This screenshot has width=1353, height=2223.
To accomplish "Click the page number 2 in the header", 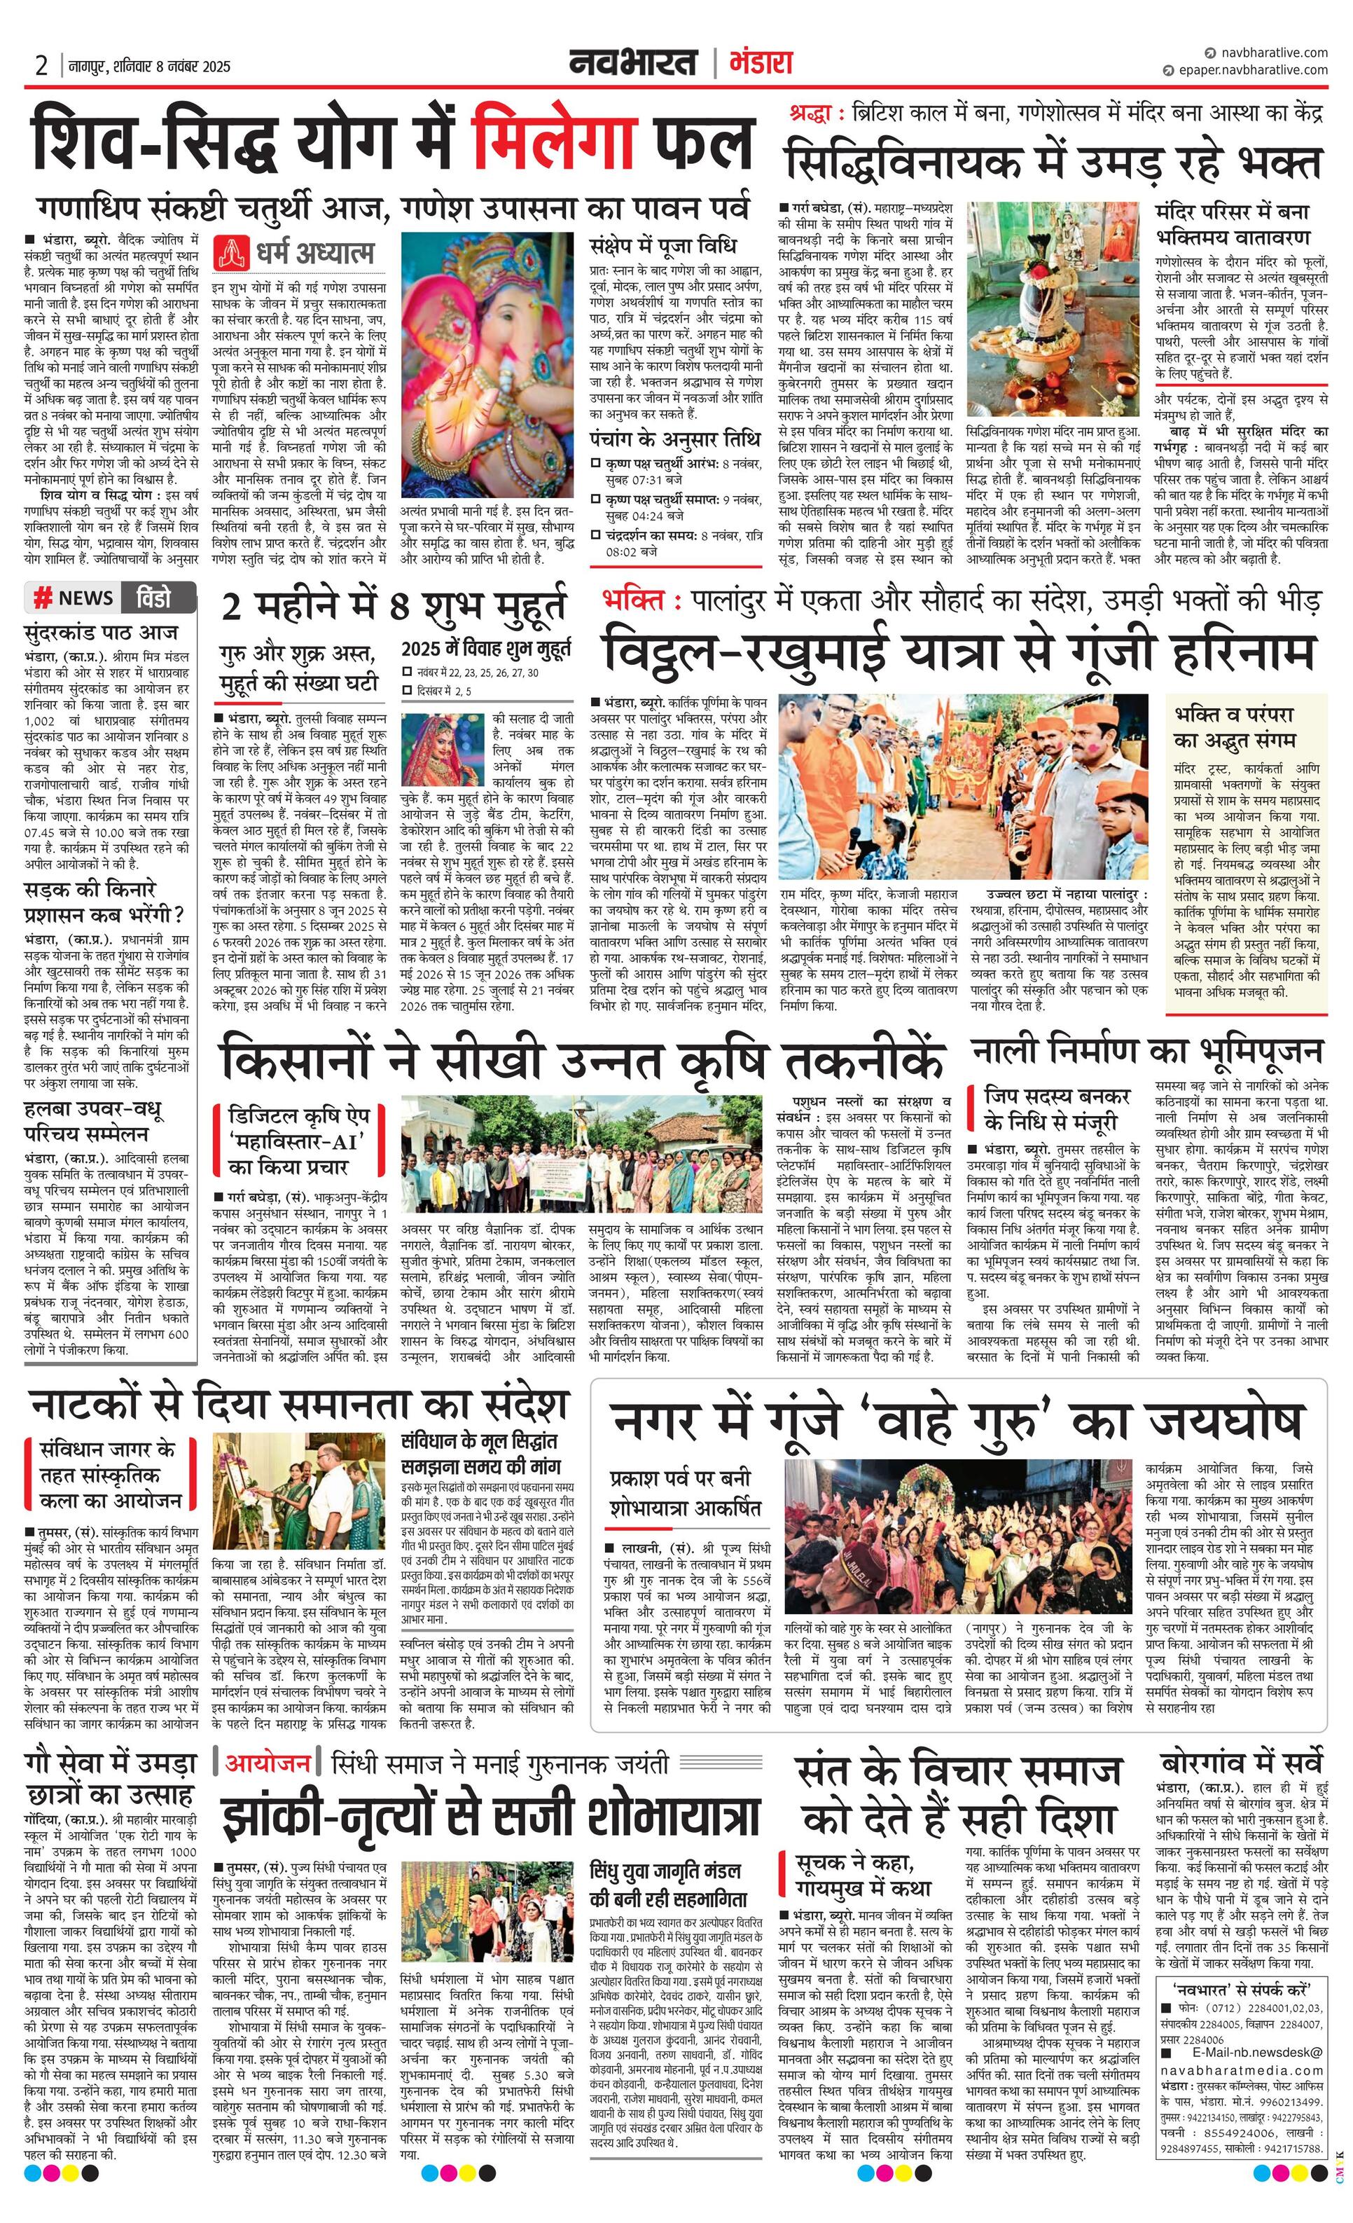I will [x=41, y=66].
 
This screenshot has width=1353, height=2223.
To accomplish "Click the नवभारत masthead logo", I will [x=633, y=63].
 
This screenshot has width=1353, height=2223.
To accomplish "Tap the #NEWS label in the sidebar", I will [x=75, y=597].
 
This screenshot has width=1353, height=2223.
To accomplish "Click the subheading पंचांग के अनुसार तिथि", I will [x=674, y=440].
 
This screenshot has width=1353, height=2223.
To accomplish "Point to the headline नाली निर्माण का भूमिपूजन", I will [x=1147, y=1050].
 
